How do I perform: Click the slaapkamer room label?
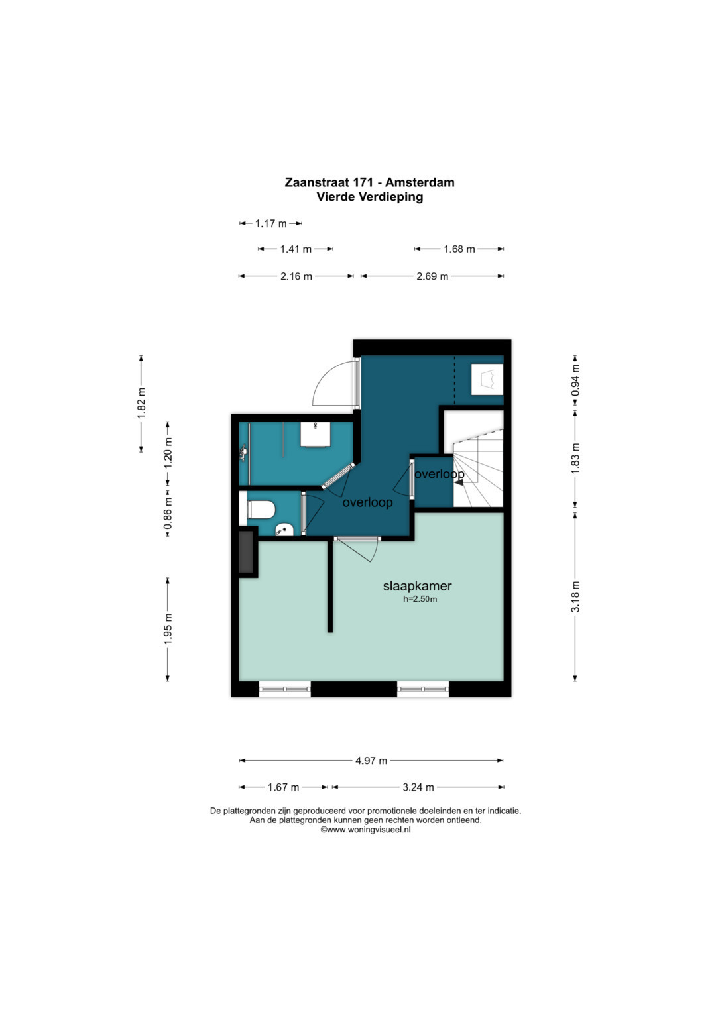tap(417, 586)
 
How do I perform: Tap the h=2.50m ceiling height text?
tap(420, 600)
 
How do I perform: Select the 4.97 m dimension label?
tap(371, 760)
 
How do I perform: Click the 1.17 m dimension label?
tap(270, 223)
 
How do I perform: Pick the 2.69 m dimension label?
tap(432, 276)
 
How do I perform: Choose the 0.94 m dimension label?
tap(575, 380)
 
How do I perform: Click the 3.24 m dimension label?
tap(418, 787)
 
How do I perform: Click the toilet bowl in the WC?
tap(261, 510)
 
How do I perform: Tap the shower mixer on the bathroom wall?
tap(243, 452)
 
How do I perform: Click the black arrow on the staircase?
tap(459, 482)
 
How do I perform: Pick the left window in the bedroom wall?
tap(285, 689)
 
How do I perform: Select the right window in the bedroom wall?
tap(423, 689)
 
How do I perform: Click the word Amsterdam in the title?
tap(420, 182)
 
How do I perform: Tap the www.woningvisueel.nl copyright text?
tap(366, 830)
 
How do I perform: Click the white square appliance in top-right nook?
tap(487, 380)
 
